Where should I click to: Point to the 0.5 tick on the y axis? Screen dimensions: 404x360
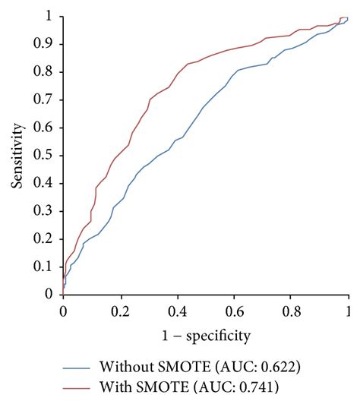(49, 156)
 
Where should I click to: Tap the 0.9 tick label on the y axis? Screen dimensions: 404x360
(49, 44)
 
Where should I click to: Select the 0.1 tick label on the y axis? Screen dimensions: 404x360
(49, 267)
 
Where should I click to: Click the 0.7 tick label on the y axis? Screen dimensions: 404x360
(49, 99)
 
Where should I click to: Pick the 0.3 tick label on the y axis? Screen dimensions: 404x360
(49, 211)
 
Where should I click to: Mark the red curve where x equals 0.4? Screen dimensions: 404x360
(177, 73)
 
